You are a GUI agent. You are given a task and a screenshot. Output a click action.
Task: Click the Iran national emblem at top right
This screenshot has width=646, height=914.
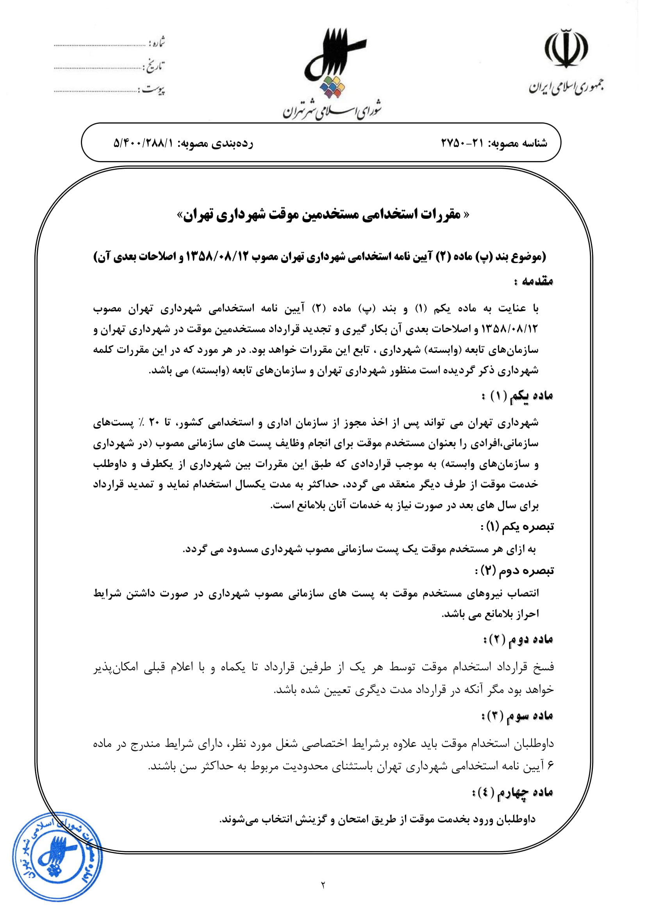coord(566,49)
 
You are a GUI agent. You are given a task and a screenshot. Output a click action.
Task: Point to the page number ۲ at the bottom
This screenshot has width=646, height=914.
coord(323,896)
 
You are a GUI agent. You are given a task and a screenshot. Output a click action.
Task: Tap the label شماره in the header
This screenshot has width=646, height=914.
coord(157,43)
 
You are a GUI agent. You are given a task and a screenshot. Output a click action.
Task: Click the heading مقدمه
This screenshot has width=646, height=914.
coord(534,281)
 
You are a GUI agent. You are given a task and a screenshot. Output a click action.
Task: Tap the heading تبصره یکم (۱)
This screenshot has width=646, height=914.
coord(518,527)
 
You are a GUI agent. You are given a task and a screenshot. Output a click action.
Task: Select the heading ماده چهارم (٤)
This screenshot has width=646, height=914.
coord(513,792)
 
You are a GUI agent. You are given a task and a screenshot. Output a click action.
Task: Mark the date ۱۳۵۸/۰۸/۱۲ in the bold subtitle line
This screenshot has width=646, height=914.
coord(218,257)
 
